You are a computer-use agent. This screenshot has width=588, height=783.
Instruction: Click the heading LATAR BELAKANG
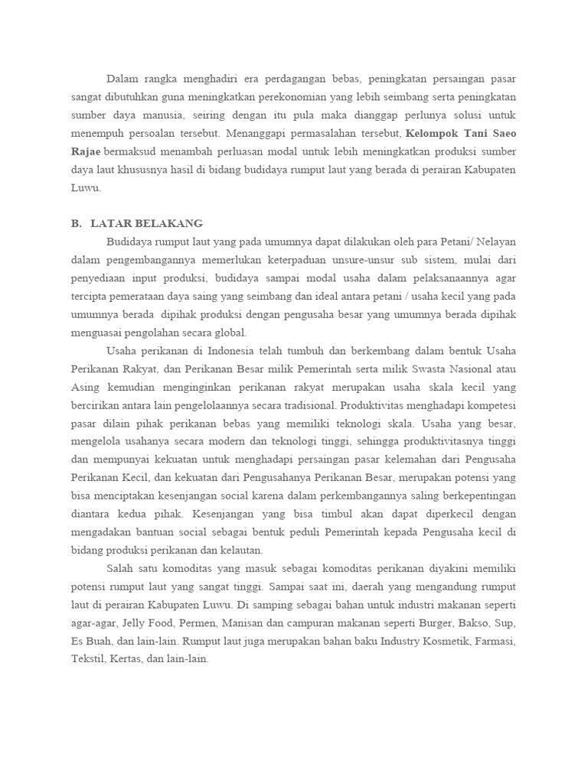(x=146, y=223)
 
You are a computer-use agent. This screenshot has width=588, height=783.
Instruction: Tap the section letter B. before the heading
(x=76, y=223)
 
